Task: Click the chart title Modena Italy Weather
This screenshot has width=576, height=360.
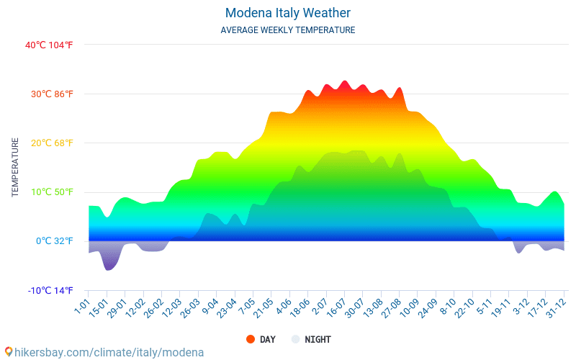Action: (x=288, y=13)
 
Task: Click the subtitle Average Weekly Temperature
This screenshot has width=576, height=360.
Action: (x=288, y=30)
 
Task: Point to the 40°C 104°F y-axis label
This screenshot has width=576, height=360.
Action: (x=49, y=45)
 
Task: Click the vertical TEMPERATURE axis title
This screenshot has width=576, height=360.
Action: (x=15, y=168)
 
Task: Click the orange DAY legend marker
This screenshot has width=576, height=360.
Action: (x=251, y=339)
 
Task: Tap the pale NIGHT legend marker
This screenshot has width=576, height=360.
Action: (x=295, y=339)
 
